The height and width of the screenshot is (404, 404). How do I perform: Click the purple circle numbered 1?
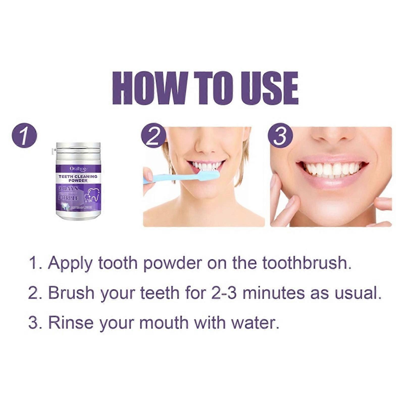click(x=24, y=137)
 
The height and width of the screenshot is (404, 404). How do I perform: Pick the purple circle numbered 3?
click(x=280, y=136)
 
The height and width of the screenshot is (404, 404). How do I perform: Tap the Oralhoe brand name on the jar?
click(x=78, y=168)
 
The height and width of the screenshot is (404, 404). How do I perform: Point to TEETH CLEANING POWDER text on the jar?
click(x=78, y=178)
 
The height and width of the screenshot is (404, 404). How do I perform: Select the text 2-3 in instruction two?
click(x=222, y=293)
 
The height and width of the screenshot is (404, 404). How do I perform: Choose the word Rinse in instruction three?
click(x=71, y=323)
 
